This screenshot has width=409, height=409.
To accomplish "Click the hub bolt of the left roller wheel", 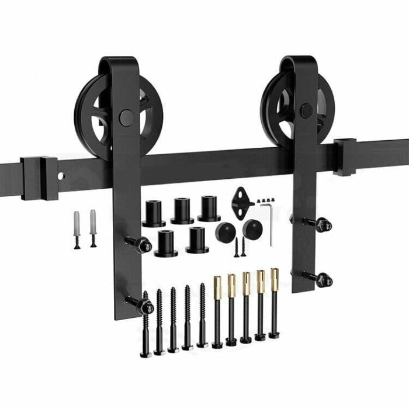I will [x=126, y=117].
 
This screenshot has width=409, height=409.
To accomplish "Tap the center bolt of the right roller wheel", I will [x=306, y=111].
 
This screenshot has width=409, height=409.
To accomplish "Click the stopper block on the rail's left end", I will [x=39, y=178].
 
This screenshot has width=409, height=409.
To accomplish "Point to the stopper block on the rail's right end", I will [x=345, y=157].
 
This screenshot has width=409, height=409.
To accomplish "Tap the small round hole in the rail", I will [x=61, y=175].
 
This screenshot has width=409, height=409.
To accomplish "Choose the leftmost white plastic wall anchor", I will [x=77, y=228].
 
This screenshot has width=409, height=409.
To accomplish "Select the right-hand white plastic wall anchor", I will [x=93, y=227].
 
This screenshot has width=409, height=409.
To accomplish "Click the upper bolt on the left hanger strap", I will [x=140, y=244].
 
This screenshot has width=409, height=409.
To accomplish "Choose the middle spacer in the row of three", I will [x=182, y=210].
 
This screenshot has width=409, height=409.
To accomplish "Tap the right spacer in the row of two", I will [x=197, y=240].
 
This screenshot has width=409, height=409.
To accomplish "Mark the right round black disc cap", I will [x=252, y=228].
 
